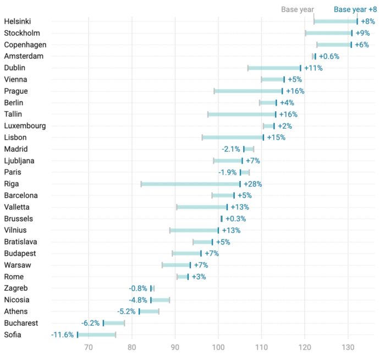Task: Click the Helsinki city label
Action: [18, 21]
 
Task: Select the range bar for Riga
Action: [190, 184]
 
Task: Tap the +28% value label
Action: [252, 184]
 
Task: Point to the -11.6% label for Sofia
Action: [63, 335]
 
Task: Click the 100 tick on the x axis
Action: [218, 348]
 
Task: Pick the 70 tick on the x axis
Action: [88, 348]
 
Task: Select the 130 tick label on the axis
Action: [348, 348]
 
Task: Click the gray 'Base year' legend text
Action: [297, 9]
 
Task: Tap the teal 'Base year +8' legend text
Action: [355, 9]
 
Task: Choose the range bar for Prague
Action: [248, 91]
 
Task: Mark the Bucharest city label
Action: [21, 323]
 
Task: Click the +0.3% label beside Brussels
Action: [235, 219]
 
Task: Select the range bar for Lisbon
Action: [233, 137]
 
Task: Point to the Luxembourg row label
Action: [25, 126]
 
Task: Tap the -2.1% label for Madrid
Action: [232, 149]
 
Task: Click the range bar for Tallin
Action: [241, 114]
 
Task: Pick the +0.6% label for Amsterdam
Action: [329, 56]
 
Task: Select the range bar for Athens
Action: [149, 312]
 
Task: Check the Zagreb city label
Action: [15, 288]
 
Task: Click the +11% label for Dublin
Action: [313, 68]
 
